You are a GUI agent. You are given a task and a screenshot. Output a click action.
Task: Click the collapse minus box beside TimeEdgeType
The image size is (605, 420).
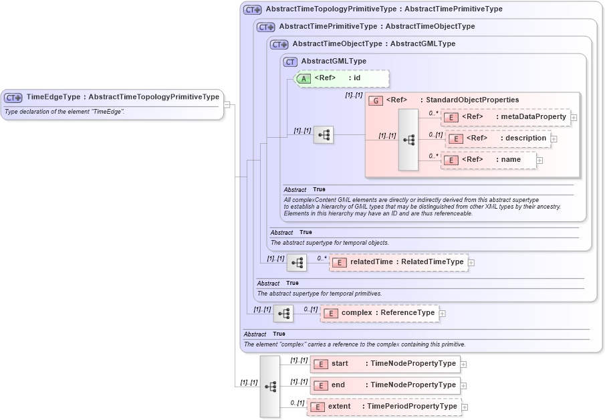tap(227, 104)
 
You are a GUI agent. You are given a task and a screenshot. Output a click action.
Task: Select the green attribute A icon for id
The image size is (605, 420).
tap(304, 78)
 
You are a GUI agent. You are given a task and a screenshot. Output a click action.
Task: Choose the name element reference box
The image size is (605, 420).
tap(489, 160)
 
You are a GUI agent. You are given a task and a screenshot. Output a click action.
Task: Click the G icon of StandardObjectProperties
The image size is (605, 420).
tap(376, 100)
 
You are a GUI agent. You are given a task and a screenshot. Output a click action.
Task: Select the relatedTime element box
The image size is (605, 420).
tap(398, 262)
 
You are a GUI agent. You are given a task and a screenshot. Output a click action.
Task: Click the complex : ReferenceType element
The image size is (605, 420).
tap(380, 313)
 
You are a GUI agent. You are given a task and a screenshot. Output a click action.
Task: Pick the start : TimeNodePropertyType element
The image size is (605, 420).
tap(386, 364)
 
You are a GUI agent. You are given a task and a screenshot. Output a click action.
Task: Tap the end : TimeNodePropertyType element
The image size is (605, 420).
tap(386, 385)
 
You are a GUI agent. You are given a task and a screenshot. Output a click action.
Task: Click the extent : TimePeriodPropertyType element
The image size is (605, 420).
tap(384, 407)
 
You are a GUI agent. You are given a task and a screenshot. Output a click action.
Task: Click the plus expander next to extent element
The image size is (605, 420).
tap(465, 407)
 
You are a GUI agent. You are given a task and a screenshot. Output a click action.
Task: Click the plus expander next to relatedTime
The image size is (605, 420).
tap(471, 262)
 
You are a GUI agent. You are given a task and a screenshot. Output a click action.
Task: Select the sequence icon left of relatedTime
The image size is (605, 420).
tap(297, 264)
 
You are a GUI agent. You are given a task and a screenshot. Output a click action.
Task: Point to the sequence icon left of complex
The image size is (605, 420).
tap(283, 314)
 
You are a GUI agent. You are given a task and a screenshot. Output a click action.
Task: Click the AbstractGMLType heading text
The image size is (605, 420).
tap(333, 62)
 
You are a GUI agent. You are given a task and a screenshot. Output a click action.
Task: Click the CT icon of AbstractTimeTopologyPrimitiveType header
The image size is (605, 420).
tap(252, 10)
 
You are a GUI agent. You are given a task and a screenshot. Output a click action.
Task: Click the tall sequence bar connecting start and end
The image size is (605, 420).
tap(270, 386)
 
